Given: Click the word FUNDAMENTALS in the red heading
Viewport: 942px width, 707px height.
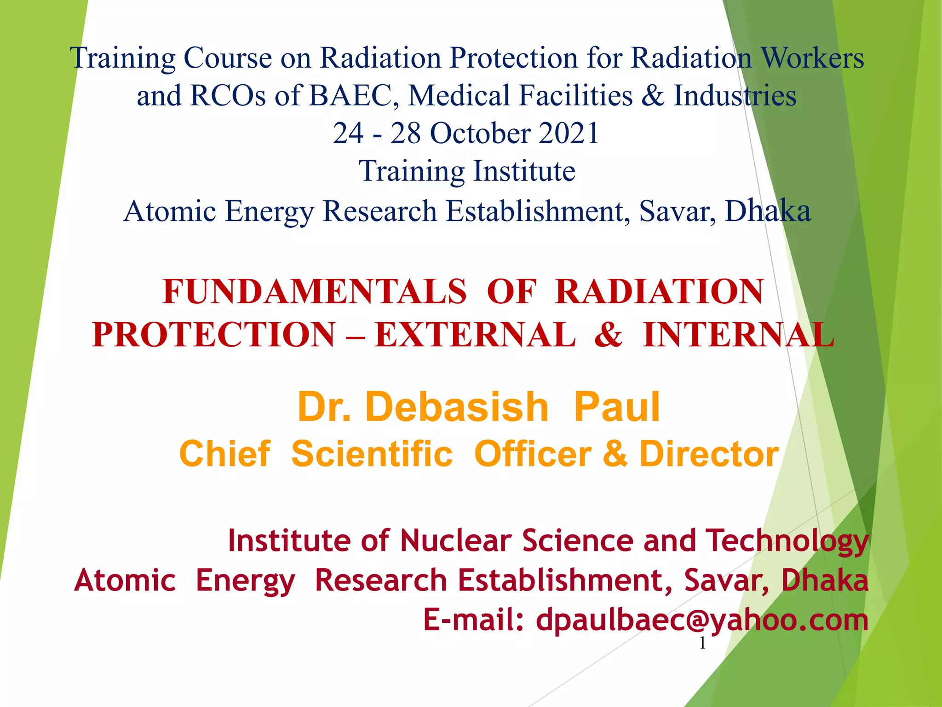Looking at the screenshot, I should pos(315,292).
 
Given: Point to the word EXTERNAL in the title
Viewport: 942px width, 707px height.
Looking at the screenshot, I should pos(475,335).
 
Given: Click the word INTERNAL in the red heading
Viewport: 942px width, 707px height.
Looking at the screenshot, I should pos(738,335).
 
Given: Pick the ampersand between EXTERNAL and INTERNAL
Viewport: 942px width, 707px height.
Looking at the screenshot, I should pos(608,335).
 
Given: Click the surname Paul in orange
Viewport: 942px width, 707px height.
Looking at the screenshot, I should pos(617,407).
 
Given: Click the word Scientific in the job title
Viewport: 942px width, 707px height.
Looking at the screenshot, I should pos(372,454).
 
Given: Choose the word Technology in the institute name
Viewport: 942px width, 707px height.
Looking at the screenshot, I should pos(787,541).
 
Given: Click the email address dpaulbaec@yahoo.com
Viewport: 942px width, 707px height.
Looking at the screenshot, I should pos(702,620).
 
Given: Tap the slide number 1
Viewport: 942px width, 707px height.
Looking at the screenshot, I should pos(702,643).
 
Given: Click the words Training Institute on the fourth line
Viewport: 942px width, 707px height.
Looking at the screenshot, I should pos(467,171).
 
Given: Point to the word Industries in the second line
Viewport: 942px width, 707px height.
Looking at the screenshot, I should pos(735,96).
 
